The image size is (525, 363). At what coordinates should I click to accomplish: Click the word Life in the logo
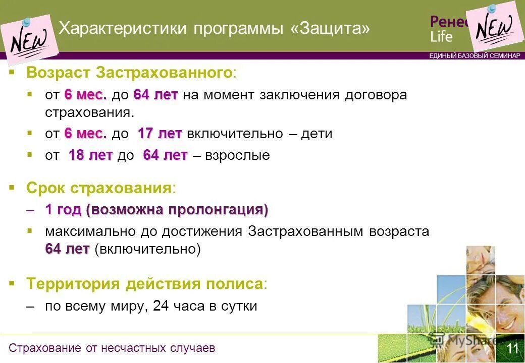[x=442, y=37]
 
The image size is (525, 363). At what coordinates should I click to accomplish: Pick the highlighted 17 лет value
[x=160, y=134]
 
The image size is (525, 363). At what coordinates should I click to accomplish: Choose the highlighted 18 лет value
[x=90, y=155]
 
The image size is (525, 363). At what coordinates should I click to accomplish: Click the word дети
[x=317, y=134]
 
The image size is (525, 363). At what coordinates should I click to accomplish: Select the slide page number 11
[x=512, y=349]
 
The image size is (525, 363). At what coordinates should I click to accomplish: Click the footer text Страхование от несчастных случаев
[x=112, y=348]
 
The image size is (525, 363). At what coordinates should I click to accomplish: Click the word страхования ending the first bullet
[x=88, y=112]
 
